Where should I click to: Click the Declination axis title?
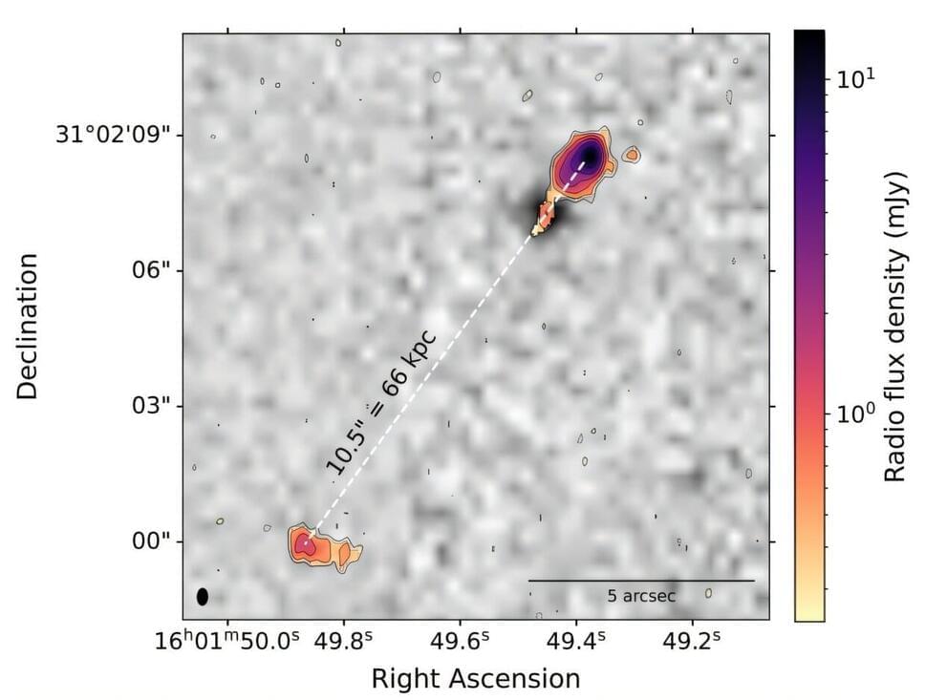point(30,326)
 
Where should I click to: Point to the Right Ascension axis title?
point(475,678)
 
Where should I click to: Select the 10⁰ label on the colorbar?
point(855,414)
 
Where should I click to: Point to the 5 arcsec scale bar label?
point(641,596)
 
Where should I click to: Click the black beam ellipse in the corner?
point(202,596)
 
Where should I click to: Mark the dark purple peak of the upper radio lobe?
point(590,155)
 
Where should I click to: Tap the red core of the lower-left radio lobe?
point(305,545)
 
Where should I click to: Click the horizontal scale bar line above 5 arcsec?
point(641,580)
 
